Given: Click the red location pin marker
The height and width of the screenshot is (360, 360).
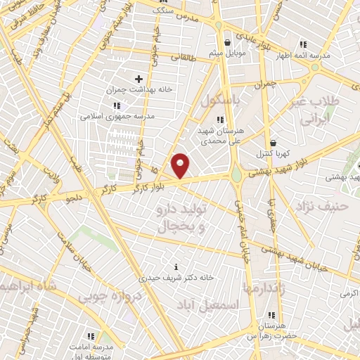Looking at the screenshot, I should [x=181, y=165].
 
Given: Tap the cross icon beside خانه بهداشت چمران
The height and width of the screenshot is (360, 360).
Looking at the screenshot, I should [x=138, y=79].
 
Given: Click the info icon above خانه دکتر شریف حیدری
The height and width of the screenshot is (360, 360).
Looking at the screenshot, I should [x=176, y=267].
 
